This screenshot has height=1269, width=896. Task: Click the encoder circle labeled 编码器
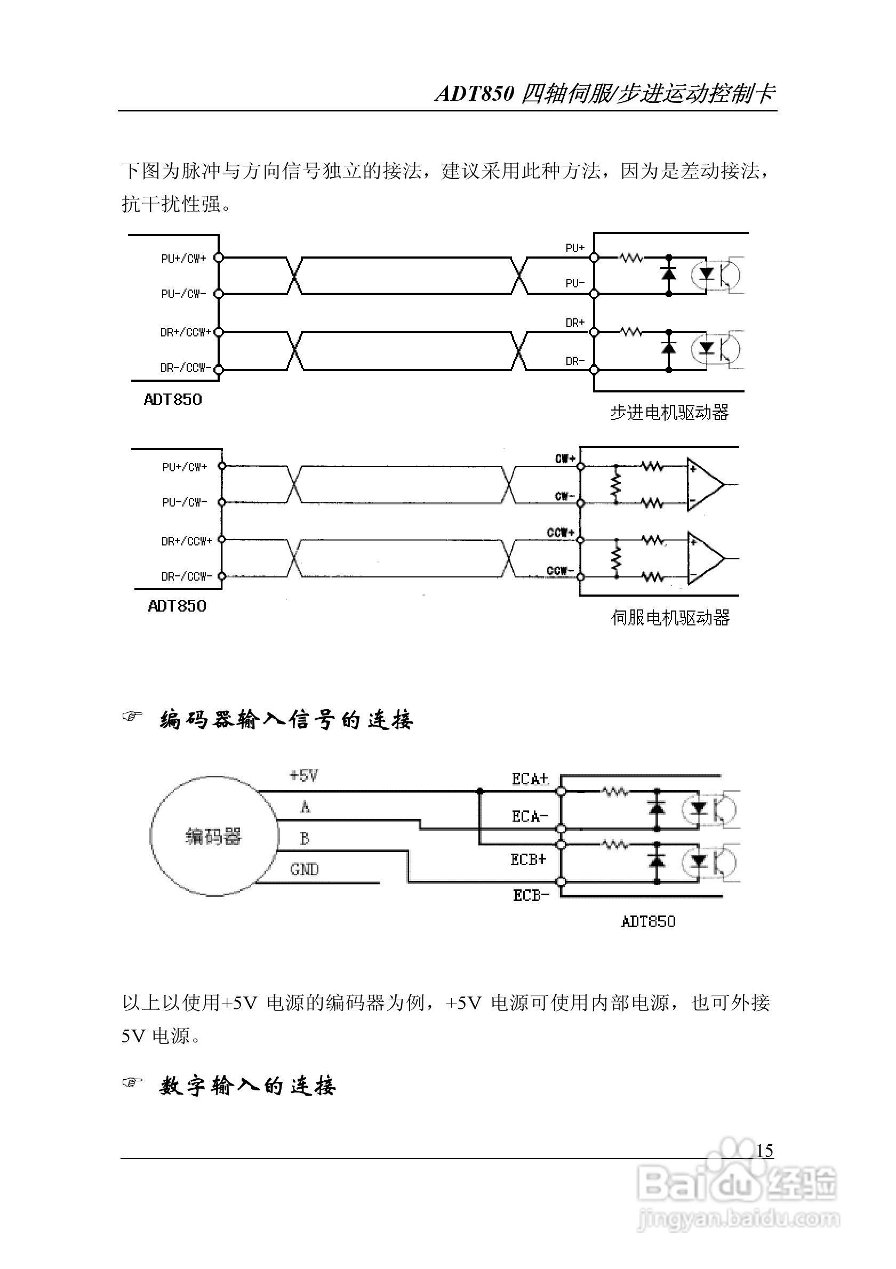213,836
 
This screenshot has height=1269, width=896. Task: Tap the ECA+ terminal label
530,780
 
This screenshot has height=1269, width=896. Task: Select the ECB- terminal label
531,895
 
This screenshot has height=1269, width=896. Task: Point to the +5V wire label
303,775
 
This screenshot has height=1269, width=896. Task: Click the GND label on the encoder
304,870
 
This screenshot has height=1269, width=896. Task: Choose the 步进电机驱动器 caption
669,412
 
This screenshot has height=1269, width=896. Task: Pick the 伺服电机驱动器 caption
670,617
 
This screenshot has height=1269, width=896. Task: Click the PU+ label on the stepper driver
575,247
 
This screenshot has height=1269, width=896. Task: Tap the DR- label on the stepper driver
575,361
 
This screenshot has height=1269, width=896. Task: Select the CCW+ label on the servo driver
561,532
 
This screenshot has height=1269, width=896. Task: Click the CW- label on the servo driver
564,496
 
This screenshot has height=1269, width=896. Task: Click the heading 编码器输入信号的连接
286,720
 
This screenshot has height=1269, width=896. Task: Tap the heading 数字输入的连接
247,1086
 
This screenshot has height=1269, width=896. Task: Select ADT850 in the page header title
475,93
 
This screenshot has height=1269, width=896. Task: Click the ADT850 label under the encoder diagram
648,922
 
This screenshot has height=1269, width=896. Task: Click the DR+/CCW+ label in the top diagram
185,332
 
